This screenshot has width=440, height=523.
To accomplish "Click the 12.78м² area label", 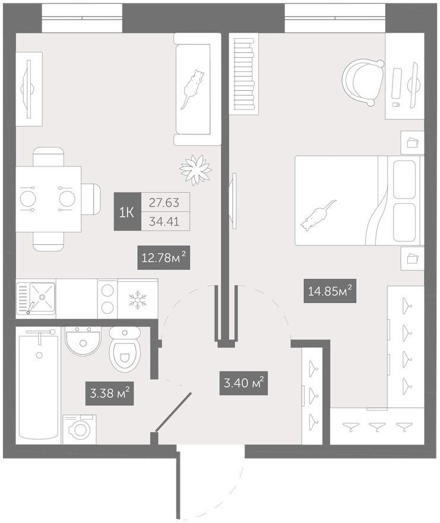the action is pos(164,257).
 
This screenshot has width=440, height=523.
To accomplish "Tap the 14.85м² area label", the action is pos(330,291).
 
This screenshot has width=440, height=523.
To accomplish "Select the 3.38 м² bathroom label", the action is pos(110,393).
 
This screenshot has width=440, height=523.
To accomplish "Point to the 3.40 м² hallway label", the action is pos(243,383).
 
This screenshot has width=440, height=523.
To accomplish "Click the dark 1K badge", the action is pos(127,212).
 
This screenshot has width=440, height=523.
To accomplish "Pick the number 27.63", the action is pos(164,203).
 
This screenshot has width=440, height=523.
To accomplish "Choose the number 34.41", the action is pos(164,221).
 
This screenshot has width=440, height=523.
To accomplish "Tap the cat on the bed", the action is pos(318,216).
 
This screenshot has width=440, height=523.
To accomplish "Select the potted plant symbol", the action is pos(196,170).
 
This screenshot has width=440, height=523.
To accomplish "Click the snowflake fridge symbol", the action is pos(136,300).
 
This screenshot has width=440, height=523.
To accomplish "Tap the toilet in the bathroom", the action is pos(125,348).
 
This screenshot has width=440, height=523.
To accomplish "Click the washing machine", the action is pos(80,429).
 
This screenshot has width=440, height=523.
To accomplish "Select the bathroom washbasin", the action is pos(83,341).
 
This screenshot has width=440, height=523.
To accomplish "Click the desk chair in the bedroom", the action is pos(363,82).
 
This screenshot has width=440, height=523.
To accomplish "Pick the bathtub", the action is pos(39,386).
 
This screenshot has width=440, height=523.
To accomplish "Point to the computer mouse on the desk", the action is pos(396,105).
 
